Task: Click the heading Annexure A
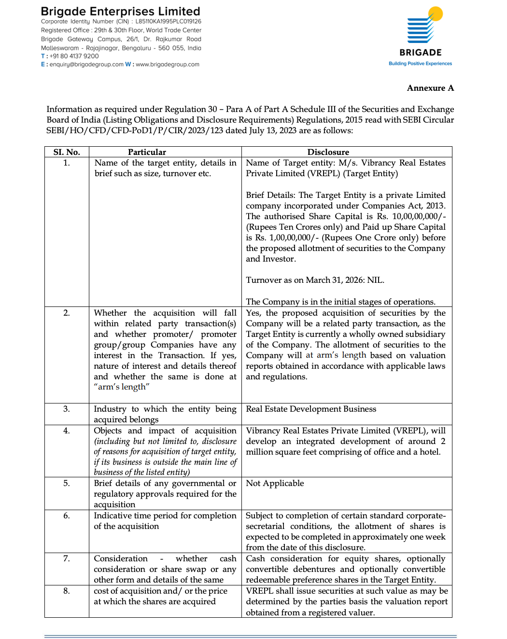coord(430,88)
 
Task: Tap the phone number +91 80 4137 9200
coord(74,56)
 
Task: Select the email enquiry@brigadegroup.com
coord(86,64)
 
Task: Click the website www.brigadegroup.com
coord(167,64)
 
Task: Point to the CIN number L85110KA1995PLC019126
coord(168,21)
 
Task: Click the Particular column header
coord(147,152)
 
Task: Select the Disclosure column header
coord(328,152)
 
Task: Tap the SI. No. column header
coord(67,152)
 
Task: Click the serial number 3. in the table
coord(67,409)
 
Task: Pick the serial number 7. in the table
coord(67,558)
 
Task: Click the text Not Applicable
coord(275,483)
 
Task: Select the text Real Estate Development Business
coord(311,409)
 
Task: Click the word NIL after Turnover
coord(375,280)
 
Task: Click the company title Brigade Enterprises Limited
coord(120,11)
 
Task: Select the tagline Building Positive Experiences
coord(420,64)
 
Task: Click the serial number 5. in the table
coord(67,483)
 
